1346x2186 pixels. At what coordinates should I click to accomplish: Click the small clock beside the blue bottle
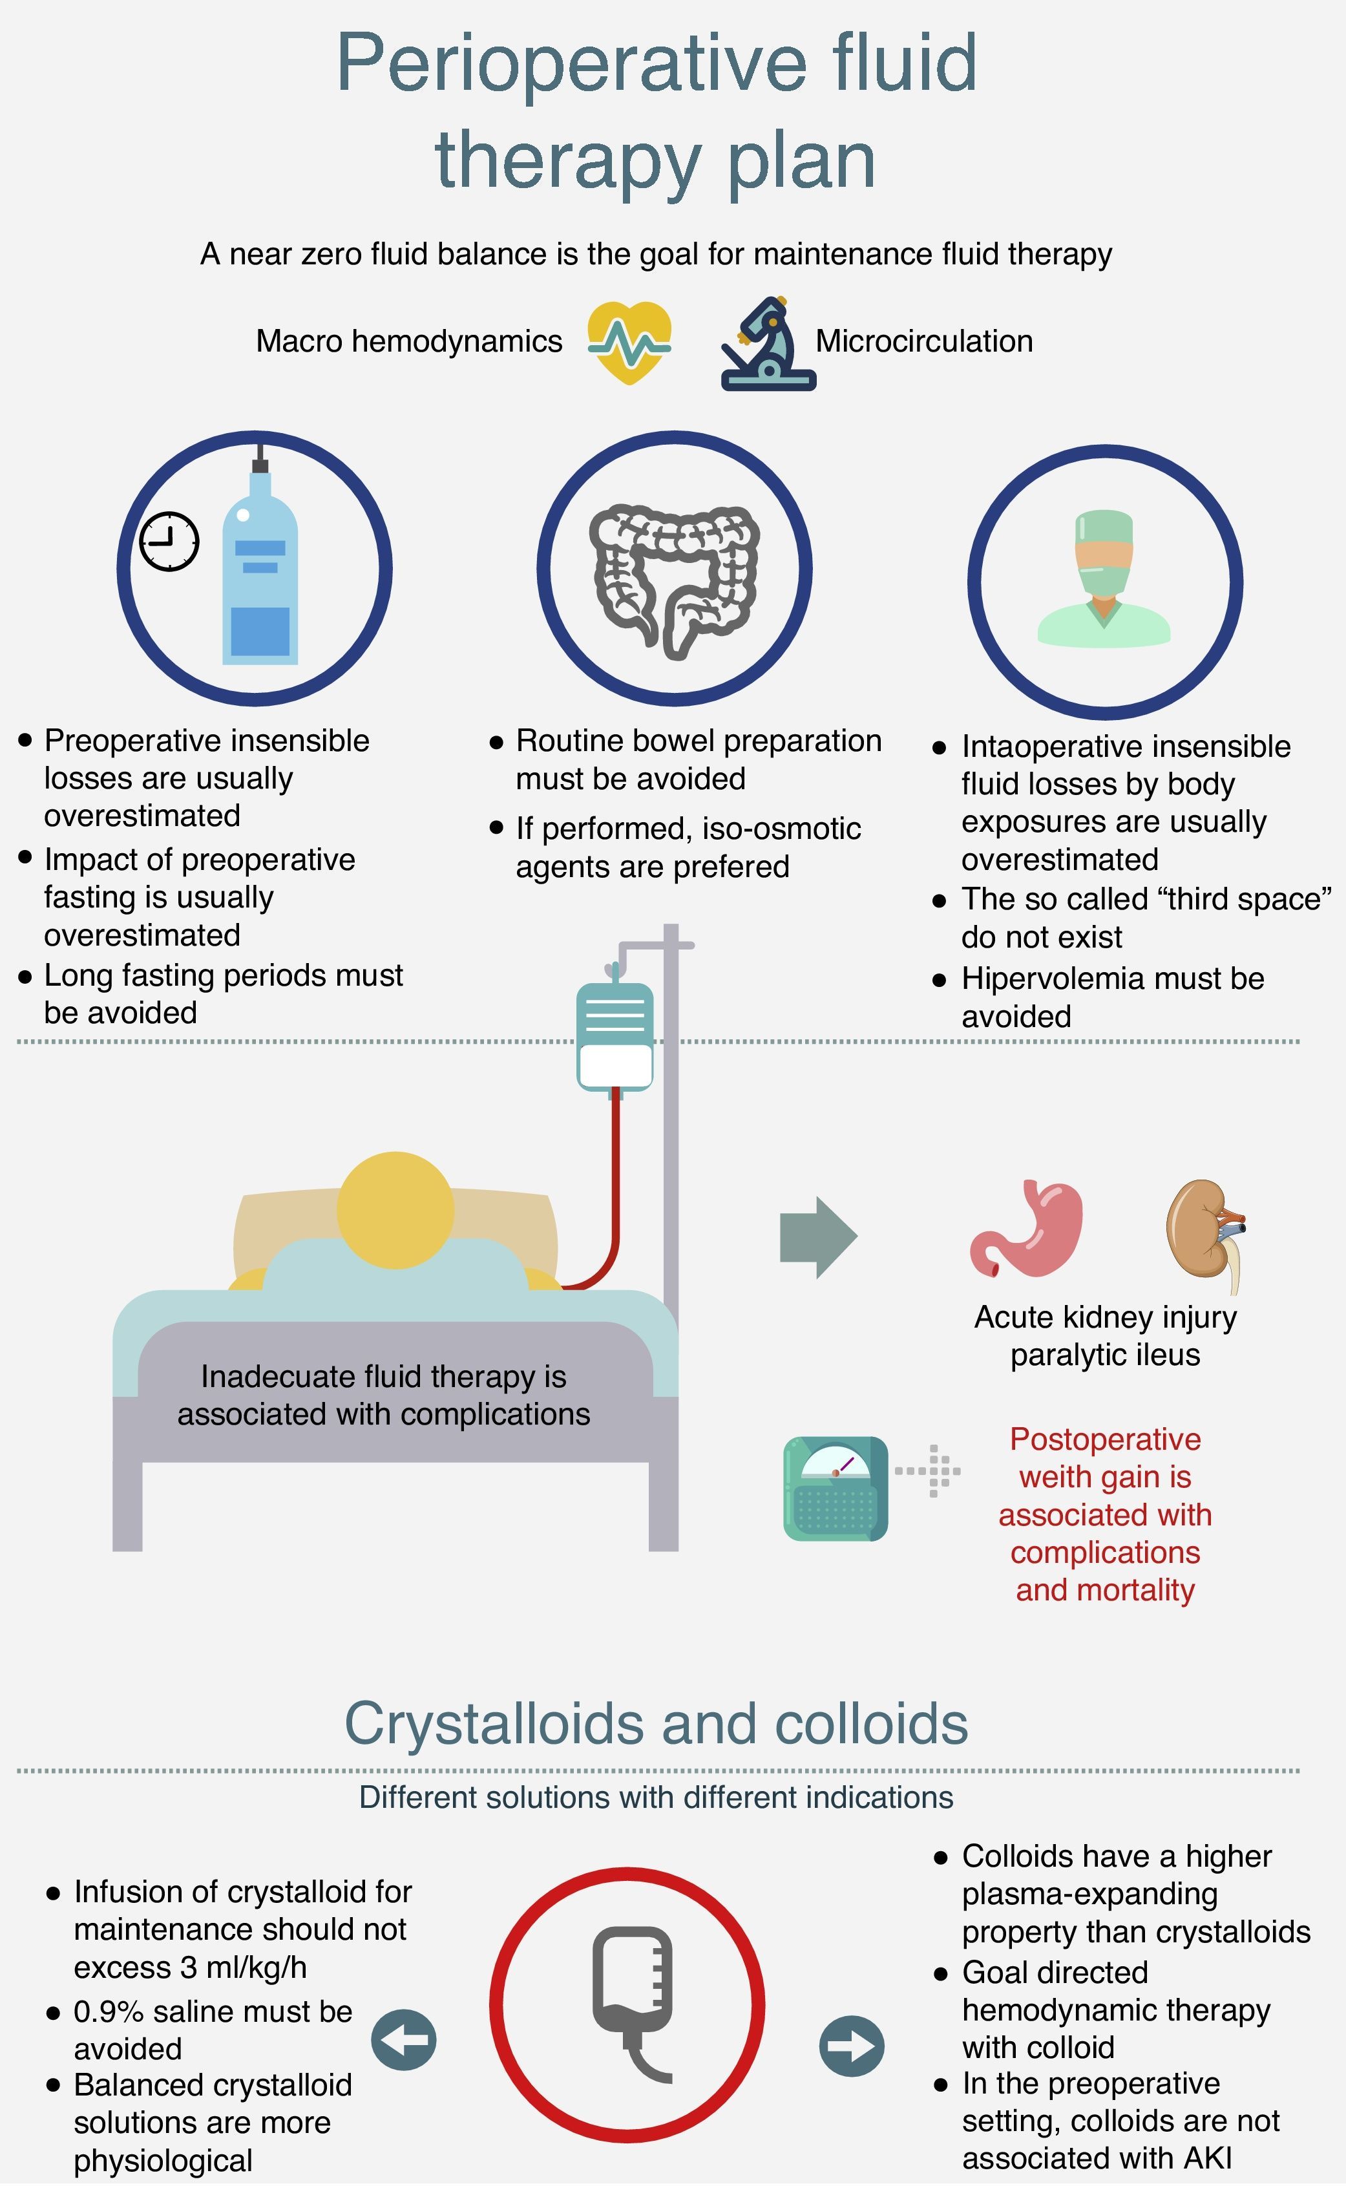169,542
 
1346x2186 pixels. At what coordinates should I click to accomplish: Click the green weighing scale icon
835,1488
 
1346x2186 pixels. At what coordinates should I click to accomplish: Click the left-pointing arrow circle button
404,2040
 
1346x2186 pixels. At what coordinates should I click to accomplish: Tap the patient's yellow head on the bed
395,1209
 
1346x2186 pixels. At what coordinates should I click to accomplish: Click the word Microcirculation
924,341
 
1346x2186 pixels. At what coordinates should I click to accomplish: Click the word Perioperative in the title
571,63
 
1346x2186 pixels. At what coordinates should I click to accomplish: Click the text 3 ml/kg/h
243,1967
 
